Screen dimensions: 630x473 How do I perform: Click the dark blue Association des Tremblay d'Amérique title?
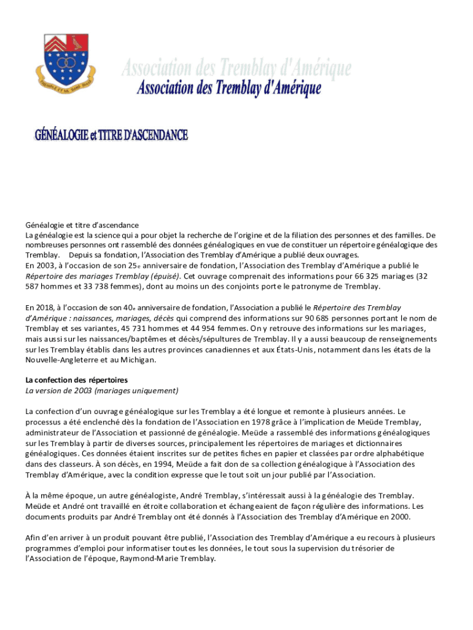pyautogui.click(x=229, y=88)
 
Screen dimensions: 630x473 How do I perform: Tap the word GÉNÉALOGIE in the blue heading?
pyautogui.click(x=61, y=135)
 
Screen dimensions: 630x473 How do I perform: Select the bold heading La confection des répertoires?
pyautogui.click(x=76, y=380)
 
